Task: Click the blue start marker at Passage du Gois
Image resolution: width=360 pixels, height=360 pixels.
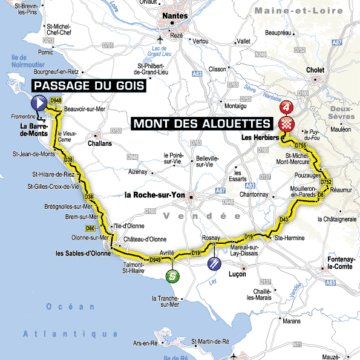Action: tap(40, 103)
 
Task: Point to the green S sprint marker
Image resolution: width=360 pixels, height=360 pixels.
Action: tap(172, 275)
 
